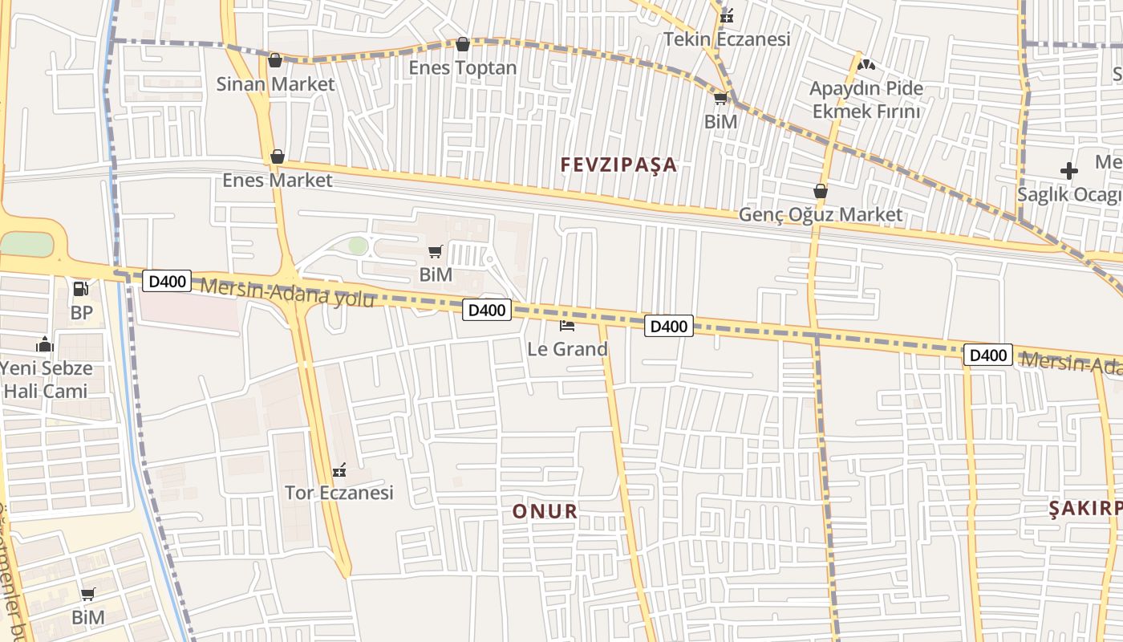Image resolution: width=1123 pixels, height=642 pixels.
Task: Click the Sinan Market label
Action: [275, 83]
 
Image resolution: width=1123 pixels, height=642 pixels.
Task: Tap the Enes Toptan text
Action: [463, 67]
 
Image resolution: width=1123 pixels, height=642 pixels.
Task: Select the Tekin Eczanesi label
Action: [727, 39]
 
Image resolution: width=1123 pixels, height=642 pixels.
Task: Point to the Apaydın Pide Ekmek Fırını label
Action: [866, 100]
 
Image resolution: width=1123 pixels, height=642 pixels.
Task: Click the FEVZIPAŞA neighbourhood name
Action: [618, 165]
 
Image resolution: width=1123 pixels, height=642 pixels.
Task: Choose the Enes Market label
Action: [277, 180]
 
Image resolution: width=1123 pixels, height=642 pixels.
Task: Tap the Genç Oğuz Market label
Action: [821, 214]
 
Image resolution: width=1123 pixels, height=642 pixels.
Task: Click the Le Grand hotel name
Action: [567, 349]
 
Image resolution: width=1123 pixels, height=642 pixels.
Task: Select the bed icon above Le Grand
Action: [567, 326]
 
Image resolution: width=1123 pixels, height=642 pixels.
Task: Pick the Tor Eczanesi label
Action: [339, 492]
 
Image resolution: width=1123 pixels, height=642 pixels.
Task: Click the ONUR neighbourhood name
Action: [545, 511]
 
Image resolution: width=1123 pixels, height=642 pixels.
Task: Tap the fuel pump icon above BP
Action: [81, 289]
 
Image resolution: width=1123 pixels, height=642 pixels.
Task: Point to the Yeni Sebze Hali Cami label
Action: [45, 380]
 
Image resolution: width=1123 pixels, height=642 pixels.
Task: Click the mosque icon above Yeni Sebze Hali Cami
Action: [45, 345]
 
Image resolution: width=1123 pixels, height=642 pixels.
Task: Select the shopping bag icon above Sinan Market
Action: [275, 60]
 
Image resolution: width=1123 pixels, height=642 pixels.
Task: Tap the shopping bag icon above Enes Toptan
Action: [463, 44]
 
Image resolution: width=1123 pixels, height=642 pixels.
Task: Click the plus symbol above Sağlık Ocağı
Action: [1068, 171]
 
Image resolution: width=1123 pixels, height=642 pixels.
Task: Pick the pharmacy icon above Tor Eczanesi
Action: [339, 469]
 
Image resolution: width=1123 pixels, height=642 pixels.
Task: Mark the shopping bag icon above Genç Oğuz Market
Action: [821, 191]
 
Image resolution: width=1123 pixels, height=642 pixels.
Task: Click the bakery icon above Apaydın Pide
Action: [866, 65]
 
